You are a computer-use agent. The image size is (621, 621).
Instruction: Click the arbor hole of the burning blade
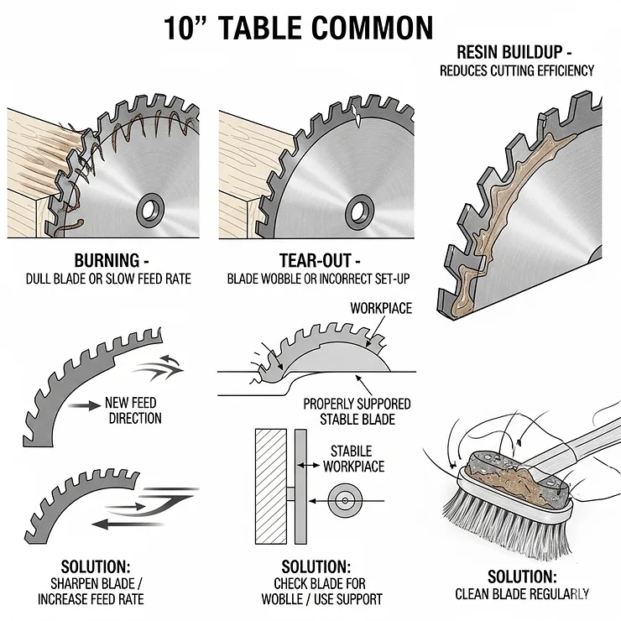[x=152, y=207]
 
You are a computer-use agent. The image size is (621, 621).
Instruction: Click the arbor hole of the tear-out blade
[x=362, y=208]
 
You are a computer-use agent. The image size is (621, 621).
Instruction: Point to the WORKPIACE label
[x=380, y=309]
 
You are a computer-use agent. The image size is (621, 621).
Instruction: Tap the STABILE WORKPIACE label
[x=357, y=458]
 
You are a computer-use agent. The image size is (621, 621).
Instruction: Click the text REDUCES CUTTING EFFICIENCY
[x=515, y=71]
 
